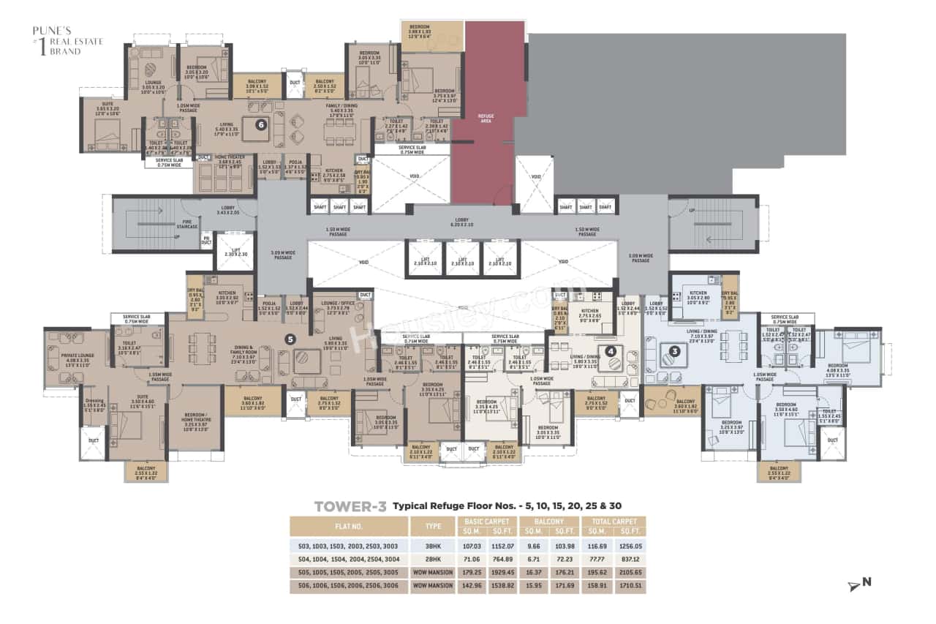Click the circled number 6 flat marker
[x=260, y=124]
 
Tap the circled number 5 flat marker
[x=290, y=339]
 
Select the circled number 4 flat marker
[x=610, y=350]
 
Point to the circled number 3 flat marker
[x=675, y=350]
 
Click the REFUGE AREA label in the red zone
[x=486, y=118]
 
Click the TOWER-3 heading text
[x=350, y=505]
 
